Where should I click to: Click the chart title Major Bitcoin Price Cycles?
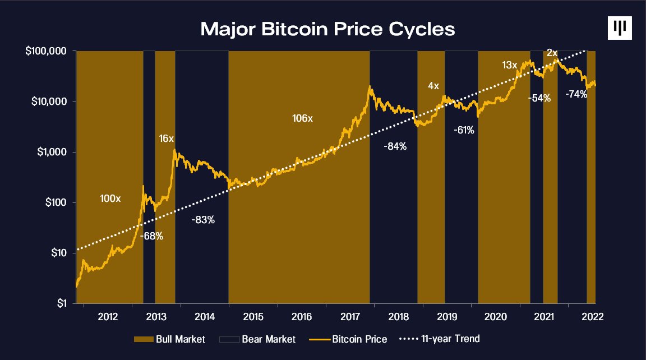tap(327, 29)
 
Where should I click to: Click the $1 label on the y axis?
tap(63, 303)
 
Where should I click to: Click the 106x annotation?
tap(303, 119)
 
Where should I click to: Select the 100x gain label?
tap(110, 199)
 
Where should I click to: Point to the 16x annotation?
tap(167, 139)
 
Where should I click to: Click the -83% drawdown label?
tap(202, 220)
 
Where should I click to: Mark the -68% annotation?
tap(151, 236)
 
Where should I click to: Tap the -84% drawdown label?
tap(395, 146)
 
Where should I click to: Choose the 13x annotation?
tap(509, 65)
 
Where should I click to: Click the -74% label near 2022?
tap(576, 94)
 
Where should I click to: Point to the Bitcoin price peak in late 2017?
tap(370, 87)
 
